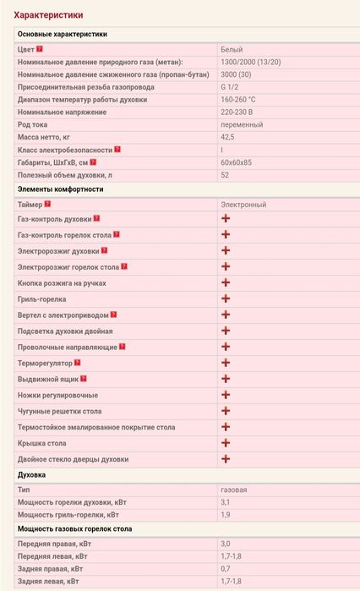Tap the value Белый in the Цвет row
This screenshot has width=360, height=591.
(231, 49)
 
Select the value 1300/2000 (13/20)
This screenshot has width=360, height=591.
(251, 62)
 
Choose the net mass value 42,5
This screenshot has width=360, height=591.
(227, 137)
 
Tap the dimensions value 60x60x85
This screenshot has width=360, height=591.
(237, 162)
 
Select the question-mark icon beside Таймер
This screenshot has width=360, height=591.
(48, 204)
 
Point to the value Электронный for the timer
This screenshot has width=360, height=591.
(243, 205)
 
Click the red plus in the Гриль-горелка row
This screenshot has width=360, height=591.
(226, 298)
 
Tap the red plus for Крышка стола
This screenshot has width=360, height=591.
(226, 443)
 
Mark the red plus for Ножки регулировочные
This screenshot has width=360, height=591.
(226, 395)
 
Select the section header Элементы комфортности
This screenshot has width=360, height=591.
(60, 189)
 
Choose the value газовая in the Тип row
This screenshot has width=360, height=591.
(234, 490)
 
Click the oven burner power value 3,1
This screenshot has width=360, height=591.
(225, 502)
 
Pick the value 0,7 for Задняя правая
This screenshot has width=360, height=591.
(225, 569)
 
